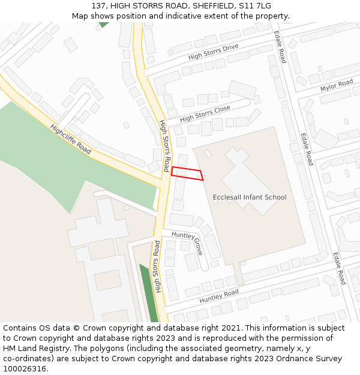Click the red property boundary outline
click(x=187, y=173)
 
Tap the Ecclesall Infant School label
click(x=250, y=197)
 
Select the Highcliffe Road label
click(x=70, y=139)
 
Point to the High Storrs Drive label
click(x=213, y=52)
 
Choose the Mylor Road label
click(x=336, y=86)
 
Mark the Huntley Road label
click(x=218, y=296)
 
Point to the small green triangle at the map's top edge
click(x=104, y=25)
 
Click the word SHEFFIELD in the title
click(x=212, y=6)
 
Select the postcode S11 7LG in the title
click(x=254, y=6)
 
